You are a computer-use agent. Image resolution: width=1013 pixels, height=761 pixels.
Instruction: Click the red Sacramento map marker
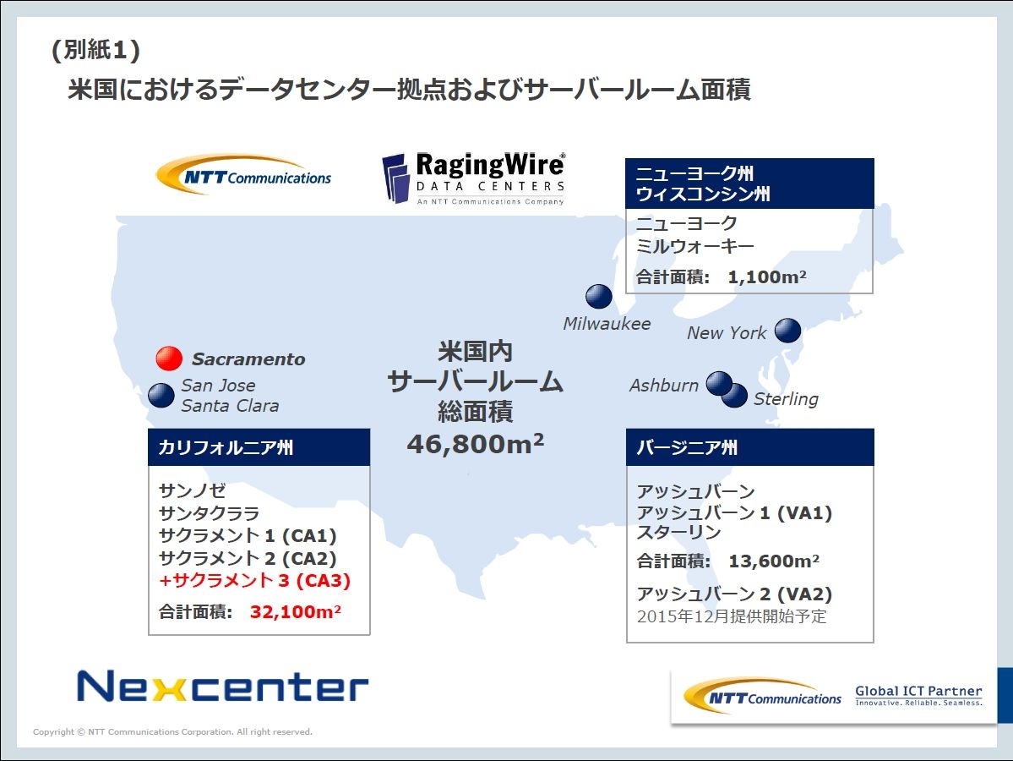[169, 359]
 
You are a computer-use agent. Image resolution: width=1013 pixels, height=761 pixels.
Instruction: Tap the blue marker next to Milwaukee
[599, 296]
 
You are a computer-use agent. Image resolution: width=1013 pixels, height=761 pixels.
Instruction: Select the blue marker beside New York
[787, 331]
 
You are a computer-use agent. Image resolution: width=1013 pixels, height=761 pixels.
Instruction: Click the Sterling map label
[786, 399]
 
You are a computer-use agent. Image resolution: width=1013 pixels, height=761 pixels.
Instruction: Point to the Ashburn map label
[663, 386]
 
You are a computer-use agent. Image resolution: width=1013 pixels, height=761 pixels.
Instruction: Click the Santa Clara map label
[230, 406]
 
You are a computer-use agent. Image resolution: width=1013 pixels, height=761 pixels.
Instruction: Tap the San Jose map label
[218, 386]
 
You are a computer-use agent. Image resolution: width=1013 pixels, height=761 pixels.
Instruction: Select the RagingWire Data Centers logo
[474, 178]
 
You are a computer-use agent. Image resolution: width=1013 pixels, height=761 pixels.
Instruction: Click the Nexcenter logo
[222, 686]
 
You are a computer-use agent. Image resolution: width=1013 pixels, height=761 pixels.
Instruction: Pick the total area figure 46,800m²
[476, 444]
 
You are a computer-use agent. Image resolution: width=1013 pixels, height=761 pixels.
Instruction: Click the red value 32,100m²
[295, 611]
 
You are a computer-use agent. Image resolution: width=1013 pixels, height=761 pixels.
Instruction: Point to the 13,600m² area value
[774, 561]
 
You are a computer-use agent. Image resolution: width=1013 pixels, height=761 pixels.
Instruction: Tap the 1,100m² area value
[767, 276]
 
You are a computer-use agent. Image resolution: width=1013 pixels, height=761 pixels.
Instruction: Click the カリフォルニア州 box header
[259, 447]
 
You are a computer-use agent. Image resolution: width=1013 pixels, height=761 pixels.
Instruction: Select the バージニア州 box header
[750, 447]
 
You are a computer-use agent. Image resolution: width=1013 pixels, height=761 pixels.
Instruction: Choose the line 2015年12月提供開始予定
[732, 616]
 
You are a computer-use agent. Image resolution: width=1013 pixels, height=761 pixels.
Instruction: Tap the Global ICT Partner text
[918, 691]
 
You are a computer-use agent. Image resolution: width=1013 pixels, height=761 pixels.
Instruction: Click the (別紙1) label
[95, 50]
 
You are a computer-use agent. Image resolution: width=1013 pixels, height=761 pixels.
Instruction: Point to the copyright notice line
[172, 732]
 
